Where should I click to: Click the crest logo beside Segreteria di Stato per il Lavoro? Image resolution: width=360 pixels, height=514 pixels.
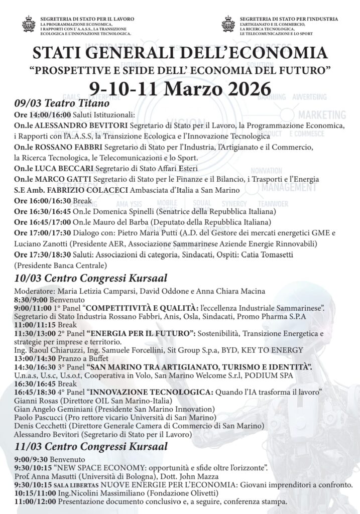click(x=29, y=24)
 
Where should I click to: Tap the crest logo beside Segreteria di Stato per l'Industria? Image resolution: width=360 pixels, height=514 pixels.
click(x=228, y=24)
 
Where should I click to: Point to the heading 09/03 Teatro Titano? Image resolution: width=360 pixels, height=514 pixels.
click(x=62, y=104)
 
